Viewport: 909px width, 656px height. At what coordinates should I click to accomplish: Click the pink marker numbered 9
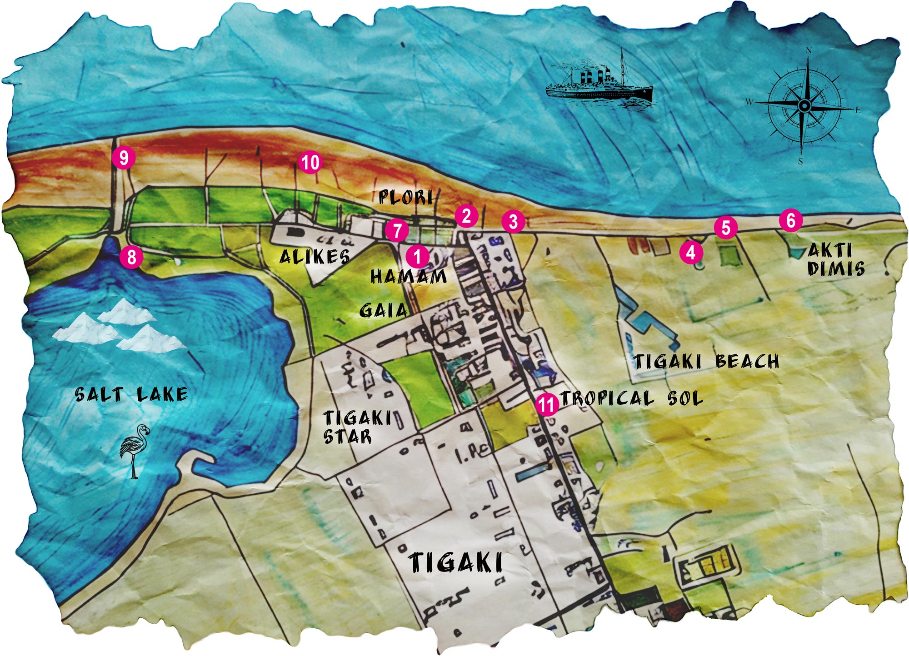point(124,158)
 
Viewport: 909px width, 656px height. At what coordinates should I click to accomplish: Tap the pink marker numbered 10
point(310,163)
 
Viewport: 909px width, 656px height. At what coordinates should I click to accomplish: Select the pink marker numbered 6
point(790,220)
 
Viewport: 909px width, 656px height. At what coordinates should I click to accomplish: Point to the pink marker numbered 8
point(131,258)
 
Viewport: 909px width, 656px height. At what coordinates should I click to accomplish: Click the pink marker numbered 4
point(691,252)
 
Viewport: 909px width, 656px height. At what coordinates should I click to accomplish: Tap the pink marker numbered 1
point(417,257)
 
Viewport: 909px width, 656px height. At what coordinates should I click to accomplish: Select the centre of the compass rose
point(804,106)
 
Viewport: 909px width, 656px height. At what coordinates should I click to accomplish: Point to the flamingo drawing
point(134,450)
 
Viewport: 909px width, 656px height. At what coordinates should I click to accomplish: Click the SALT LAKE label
point(131,394)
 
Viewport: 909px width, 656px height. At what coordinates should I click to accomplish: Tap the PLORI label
point(405,197)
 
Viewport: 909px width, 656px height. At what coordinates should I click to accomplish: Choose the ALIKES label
point(315,257)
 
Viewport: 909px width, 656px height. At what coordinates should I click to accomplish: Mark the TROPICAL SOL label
point(632,398)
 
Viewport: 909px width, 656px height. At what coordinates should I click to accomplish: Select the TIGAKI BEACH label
point(707,362)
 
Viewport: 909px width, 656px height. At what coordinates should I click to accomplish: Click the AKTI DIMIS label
point(835,260)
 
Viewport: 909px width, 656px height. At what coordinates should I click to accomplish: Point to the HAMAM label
point(409,276)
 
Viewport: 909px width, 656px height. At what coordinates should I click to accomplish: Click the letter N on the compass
point(808,51)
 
